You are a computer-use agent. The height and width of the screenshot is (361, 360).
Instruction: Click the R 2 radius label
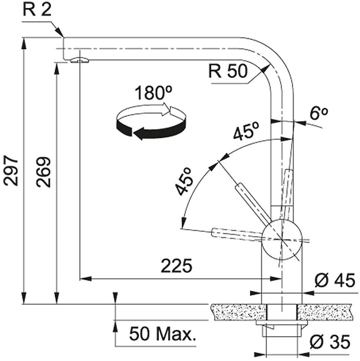click(x=37, y=10)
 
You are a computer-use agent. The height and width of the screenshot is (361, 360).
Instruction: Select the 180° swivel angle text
click(x=153, y=93)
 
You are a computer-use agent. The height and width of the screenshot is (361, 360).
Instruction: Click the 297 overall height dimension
click(x=11, y=171)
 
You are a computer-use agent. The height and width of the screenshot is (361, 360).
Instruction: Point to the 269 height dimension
click(x=43, y=172)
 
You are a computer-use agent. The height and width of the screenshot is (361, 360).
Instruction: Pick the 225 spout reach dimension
click(x=176, y=266)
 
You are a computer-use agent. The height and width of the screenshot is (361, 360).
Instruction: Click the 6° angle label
click(x=319, y=113)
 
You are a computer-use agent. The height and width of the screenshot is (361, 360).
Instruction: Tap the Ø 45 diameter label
click(x=335, y=281)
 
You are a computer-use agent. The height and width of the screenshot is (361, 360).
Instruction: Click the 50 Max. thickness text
click(x=163, y=334)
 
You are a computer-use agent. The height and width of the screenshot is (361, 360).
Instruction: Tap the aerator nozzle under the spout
click(x=79, y=60)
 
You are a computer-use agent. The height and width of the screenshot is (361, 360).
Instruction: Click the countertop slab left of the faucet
click(x=239, y=312)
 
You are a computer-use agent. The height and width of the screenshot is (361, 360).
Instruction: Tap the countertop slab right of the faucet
click(x=325, y=312)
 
